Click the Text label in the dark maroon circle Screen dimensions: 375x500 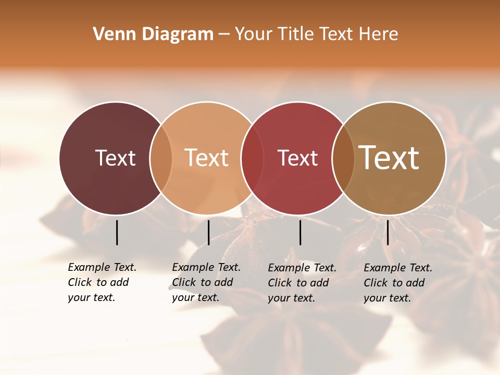pos(115,158)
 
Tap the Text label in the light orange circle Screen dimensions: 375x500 pos(206,158)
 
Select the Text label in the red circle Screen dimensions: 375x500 pos(297,158)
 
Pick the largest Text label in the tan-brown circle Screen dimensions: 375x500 pos(389,158)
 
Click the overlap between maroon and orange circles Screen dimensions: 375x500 pos(161,158)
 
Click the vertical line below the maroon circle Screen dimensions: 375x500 pos(117,232)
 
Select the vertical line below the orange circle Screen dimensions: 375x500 pos(208,232)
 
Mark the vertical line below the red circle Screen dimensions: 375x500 pos(300,232)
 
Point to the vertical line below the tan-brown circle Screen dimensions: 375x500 pos(387,232)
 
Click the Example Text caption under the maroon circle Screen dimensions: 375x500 pos(102,282)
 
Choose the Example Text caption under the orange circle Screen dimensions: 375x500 pos(206,282)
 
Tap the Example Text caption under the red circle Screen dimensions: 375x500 pos(302,283)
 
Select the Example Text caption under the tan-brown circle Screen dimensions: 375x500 pos(398,283)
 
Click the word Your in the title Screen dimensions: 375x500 pos(254,34)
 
